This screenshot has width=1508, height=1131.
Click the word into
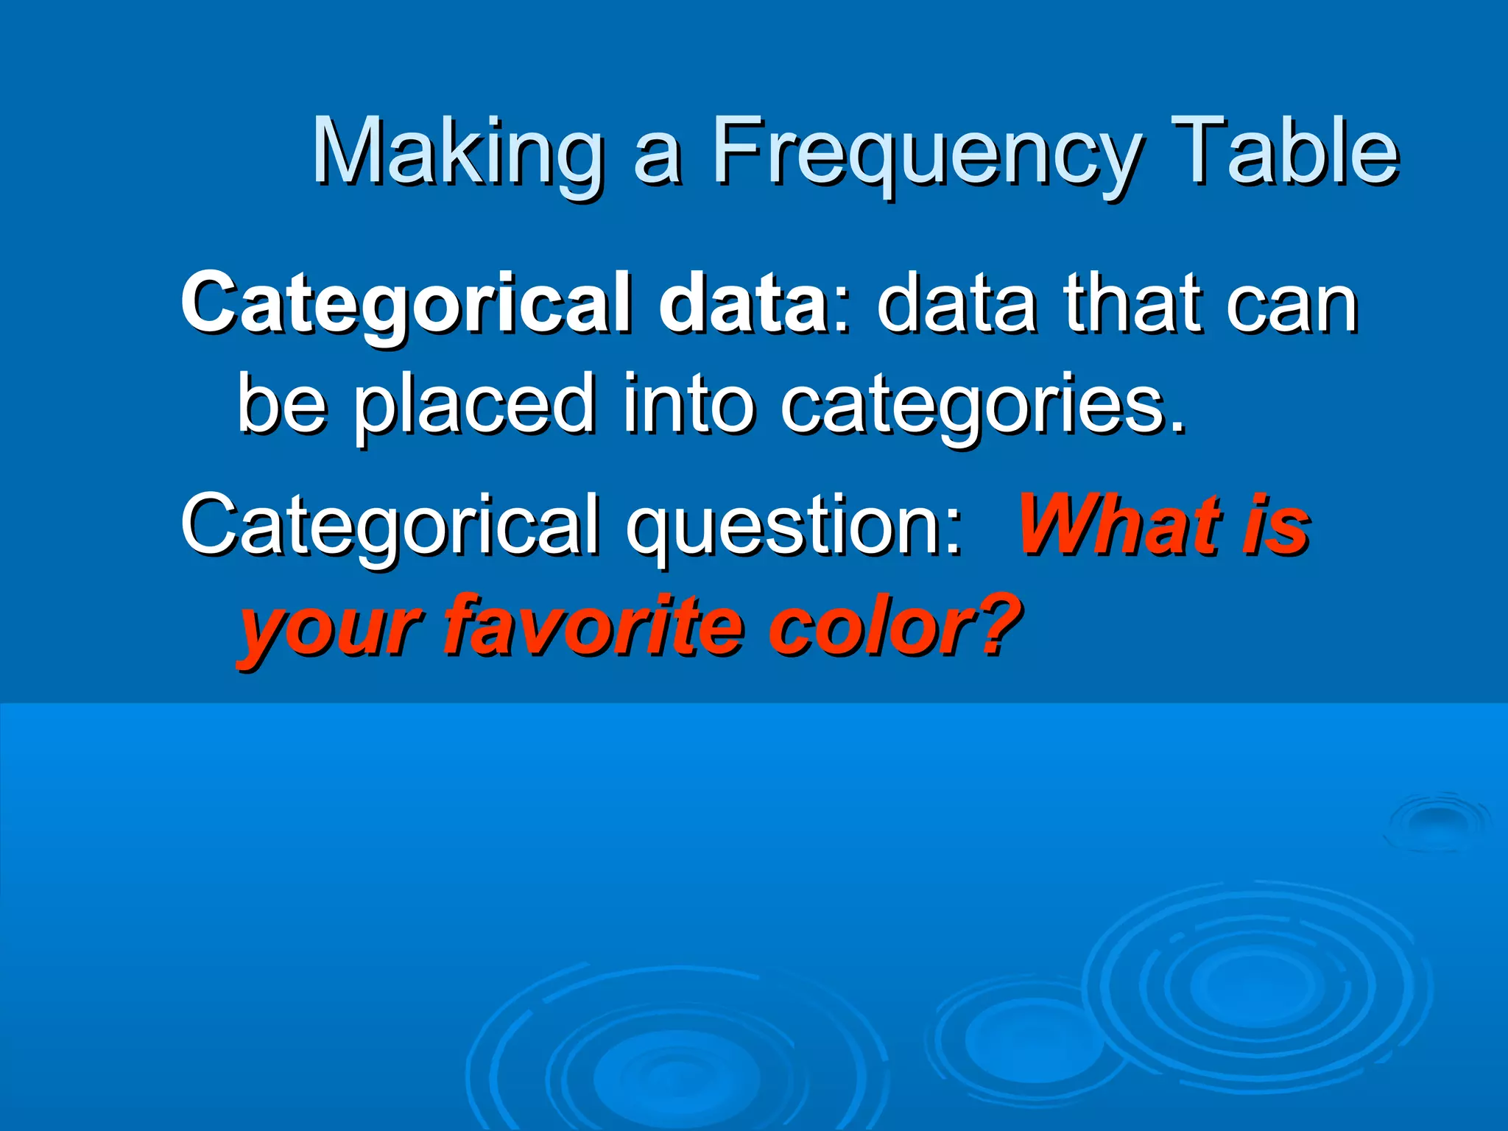[x=688, y=404]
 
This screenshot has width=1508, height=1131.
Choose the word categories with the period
[x=982, y=404]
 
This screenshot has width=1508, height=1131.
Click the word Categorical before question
[x=390, y=524]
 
